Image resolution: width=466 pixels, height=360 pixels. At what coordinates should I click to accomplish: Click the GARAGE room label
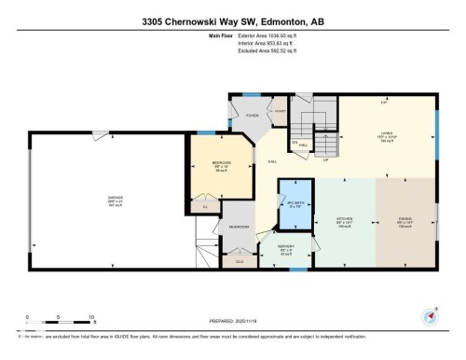pyautogui.click(x=115, y=198)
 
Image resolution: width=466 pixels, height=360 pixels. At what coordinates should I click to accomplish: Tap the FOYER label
pyautogui.click(x=250, y=118)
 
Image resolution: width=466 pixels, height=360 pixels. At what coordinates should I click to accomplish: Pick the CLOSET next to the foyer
pyautogui.click(x=279, y=111)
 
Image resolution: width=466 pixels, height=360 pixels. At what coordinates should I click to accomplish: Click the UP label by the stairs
pyautogui.click(x=323, y=159)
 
